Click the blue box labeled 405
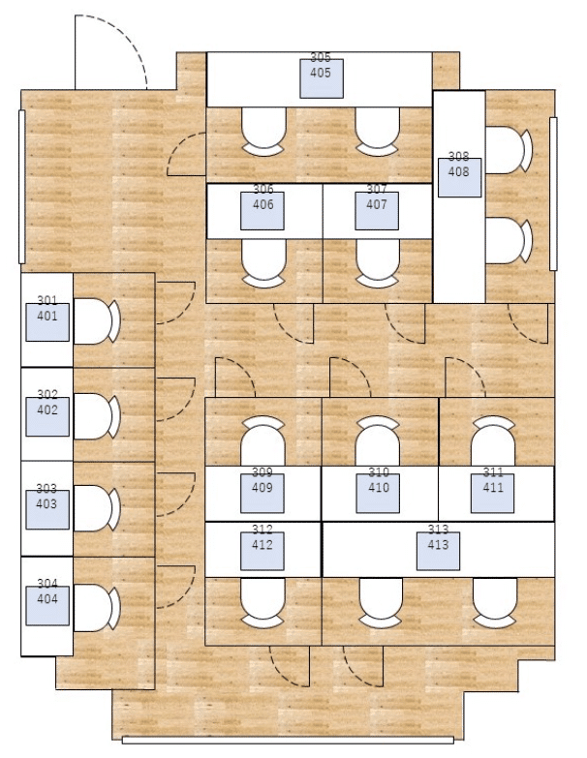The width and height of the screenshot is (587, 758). [321, 78]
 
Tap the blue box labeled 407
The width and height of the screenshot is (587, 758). [377, 210]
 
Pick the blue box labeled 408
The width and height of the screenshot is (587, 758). [458, 177]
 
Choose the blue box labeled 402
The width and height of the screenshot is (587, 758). [47, 414]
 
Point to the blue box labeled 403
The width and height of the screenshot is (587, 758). [47, 509]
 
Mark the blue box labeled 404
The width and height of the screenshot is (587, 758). [47, 604]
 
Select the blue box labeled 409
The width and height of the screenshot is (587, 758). [263, 494]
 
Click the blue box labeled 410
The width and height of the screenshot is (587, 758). [379, 494]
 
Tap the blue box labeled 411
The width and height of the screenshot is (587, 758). [494, 494]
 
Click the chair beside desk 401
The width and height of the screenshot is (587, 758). [96, 320]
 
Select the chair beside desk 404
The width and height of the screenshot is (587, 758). [96, 604]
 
